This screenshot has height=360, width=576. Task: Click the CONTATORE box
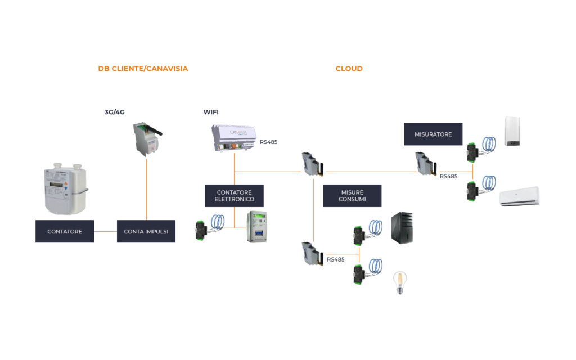click(x=65, y=231)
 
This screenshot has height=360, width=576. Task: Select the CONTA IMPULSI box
click(x=146, y=231)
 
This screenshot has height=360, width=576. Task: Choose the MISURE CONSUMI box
click(x=352, y=195)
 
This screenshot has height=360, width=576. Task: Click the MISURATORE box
click(x=433, y=134)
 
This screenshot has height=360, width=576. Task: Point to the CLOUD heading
click(x=349, y=69)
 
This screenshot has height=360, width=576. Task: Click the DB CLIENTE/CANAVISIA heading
click(x=143, y=69)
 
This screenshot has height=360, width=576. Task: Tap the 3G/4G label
click(x=115, y=112)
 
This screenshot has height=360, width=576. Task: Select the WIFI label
click(x=211, y=112)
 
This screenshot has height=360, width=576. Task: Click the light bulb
click(x=399, y=282)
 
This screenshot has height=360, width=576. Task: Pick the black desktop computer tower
click(x=402, y=228)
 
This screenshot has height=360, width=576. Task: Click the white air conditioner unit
click(x=519, y=196)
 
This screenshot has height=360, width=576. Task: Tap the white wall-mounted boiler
click(x=512, y=131)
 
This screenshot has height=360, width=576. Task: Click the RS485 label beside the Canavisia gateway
click(x=269, y=142)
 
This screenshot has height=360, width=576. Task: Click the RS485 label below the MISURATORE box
click(x=449, y=176)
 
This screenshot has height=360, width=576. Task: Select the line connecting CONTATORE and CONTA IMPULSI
click(x=105, y=231)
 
